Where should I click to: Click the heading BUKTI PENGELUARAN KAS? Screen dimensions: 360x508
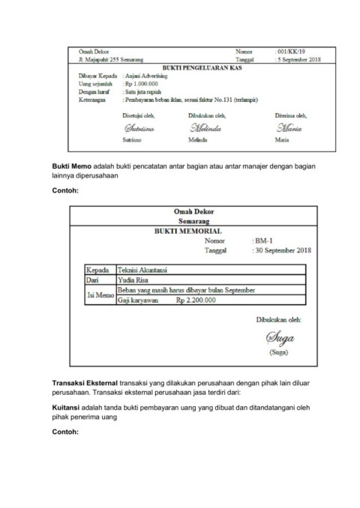coord(194,67)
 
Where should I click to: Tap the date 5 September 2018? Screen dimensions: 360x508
coord(299,58)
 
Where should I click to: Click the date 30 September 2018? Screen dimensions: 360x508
coord(285,250)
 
